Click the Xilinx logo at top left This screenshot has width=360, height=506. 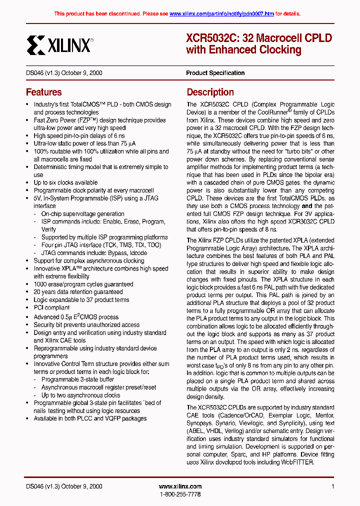(x=59, y=45)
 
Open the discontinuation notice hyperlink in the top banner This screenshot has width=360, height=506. (x=221, y=14)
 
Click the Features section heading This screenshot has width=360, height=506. (x=44, y=92)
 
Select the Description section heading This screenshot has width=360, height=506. (x=210, y=92)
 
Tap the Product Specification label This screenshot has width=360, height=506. (x=215, y=73)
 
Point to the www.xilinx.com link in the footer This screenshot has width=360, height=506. (x=180, y=486)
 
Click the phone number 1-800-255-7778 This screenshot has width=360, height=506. (x=180, y=494)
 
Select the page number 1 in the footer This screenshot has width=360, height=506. (x=332, y=486)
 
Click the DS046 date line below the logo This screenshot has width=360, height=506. (x=64, y=73)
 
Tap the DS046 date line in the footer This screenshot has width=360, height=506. (x=64, y=486)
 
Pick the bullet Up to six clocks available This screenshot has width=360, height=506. (x=65, y=182)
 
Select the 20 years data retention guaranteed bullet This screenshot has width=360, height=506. (x=78, y=292)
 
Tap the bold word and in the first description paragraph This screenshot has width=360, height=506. (x=306, y=205)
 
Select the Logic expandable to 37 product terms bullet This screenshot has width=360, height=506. (x=81, y=300)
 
